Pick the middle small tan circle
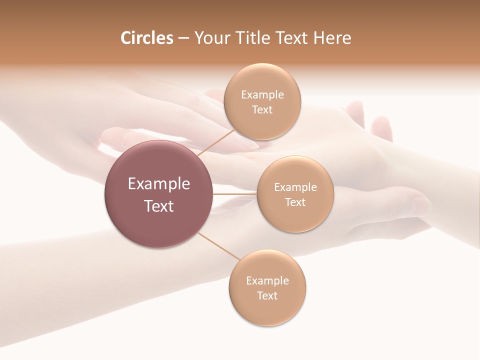tap(295, 217)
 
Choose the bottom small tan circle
tap(267, 310)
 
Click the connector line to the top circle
tap(216, 142)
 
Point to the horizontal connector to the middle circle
tap(234, 194)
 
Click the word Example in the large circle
tap(159, 184)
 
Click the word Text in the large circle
tap(159, 206)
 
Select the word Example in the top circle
tap(262, 94)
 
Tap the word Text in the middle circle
tap(295, 202)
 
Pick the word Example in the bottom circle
tap(267, 280)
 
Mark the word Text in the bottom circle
tap(267, 295)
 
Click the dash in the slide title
tap(183, 38)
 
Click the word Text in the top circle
tap(262, 109)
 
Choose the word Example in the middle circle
tap(295, 187)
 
